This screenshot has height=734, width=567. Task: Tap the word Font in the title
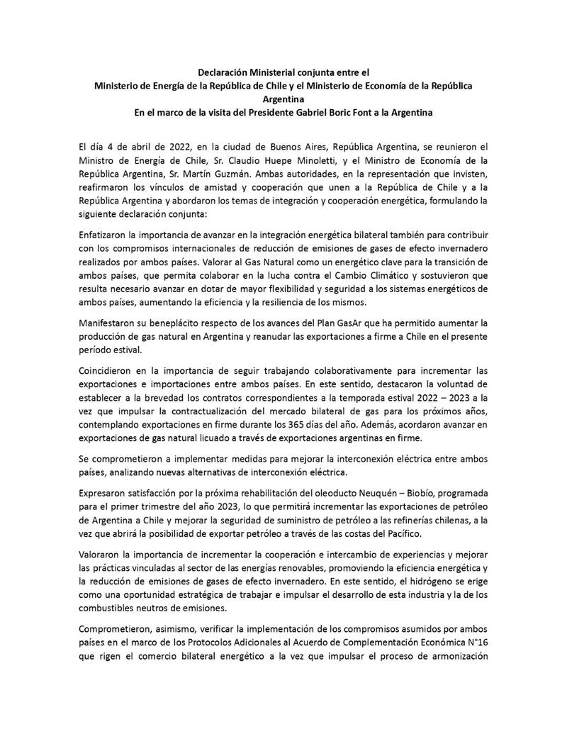(374, 112)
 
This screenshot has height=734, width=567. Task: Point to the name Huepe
(283, 159)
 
